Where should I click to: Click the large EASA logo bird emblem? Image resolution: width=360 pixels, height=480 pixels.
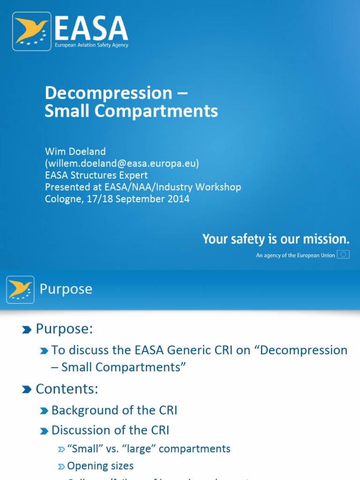click(x=32, y=31)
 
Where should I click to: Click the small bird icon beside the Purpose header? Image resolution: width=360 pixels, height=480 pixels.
click(x=20, y=289)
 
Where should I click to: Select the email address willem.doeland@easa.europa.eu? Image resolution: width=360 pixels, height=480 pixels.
click(x=122, y=163)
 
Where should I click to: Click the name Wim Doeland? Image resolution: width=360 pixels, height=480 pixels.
click(x=75, y=151)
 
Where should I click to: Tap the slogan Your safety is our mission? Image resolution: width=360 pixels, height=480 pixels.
click(x=276, y=240)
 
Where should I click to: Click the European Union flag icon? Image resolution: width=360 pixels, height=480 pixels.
click(x=344, y=255)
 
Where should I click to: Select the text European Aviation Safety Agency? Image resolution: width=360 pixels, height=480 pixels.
click(x=92, y=45)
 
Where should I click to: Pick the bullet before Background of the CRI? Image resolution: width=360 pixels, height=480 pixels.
click(x=44, y=411)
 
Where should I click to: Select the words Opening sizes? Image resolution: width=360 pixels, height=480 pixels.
click(x=100, y=465)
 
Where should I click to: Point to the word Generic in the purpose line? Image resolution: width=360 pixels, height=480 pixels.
click(x=180, y=350)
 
